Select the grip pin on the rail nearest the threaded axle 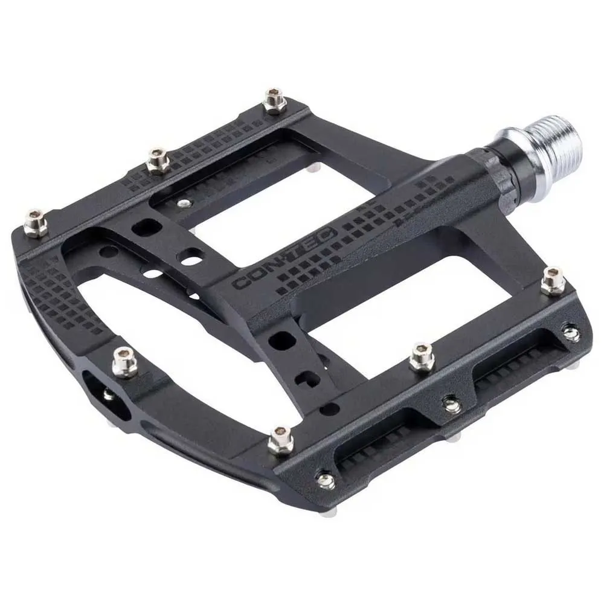(273, 101)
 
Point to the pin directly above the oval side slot (124, 361)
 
